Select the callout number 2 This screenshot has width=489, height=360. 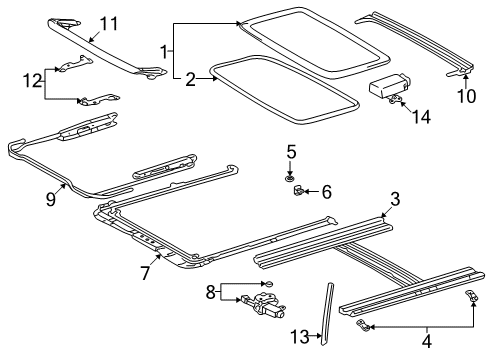(188, 77)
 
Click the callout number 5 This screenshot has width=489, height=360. (292, 152)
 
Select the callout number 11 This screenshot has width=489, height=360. (108, 22)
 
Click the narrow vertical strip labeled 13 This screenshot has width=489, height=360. (325, 311)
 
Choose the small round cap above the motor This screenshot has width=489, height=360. (265, 284)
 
